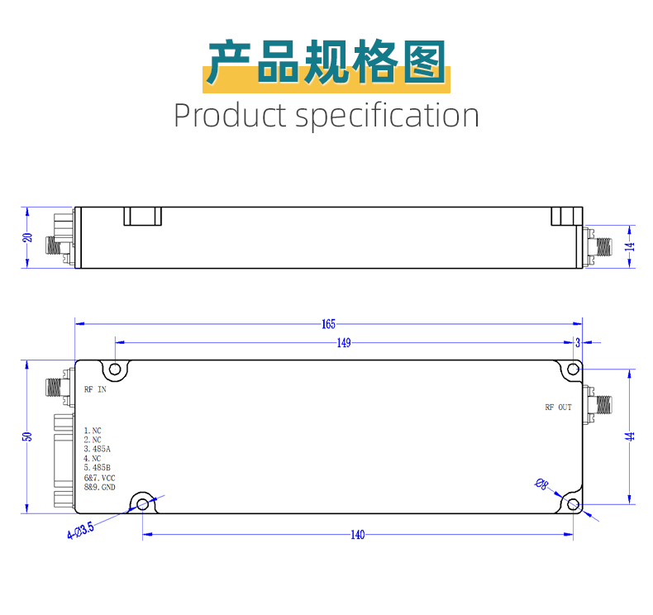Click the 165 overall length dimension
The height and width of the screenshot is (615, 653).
coord(328,324)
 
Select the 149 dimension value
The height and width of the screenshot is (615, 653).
coord(344,343)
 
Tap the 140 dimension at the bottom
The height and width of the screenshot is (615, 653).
coord(357,535)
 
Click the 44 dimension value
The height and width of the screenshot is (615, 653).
coord(631,436)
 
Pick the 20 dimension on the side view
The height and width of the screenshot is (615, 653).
coord(27,237)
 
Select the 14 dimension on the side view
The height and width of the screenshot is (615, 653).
coord(629,246)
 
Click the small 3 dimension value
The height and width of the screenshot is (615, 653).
coord(577,343)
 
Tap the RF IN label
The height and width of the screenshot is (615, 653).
coord(95,389)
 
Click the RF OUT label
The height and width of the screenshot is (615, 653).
coord(558,408)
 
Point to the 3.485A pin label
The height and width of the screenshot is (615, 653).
coord(98,449)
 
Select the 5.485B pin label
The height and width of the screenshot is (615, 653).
coord(98,468)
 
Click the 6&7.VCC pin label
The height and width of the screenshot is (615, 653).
coord(99,478)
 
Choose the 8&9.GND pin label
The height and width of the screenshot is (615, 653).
coord(100,488)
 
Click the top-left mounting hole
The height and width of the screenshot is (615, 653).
coord(116,369)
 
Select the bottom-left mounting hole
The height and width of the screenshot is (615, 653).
coord(143,503)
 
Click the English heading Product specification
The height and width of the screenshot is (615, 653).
coord(326,115)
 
